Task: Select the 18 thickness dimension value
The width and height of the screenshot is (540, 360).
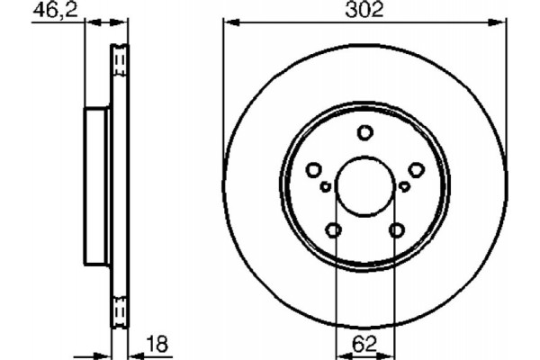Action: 157,345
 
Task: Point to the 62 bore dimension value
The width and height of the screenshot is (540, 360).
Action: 364,345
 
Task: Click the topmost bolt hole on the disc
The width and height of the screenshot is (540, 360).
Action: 364,133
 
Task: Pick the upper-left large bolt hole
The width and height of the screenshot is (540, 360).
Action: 313,170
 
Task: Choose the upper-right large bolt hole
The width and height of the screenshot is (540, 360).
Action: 416,170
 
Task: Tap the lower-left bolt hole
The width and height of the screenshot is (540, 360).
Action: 334,231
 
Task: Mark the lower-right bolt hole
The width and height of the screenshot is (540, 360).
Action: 396,231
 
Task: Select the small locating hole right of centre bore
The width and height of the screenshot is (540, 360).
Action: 404,186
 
